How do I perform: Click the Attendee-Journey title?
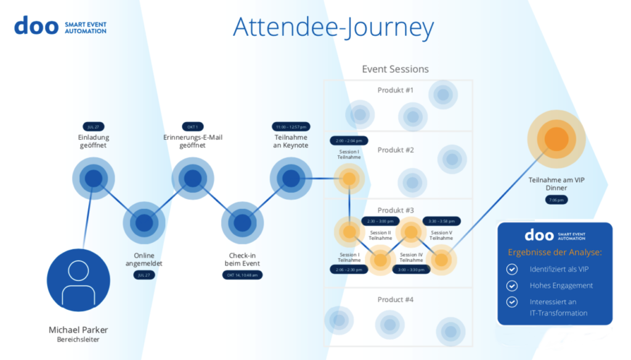point(333,27)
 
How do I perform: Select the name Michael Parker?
point(78,330)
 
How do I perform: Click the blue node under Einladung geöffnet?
point(93,179)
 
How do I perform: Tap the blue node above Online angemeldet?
point(144,223)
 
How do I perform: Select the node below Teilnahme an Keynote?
point(291,179)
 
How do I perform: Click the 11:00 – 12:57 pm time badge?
point(291,126)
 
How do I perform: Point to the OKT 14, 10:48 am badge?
point(242,275)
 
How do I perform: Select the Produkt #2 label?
point(396,150)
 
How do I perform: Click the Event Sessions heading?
point(395,69)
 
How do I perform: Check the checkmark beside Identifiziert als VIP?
point(511,269)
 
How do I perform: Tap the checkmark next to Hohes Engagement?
point(511,285)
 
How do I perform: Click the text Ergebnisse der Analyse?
point(555,252)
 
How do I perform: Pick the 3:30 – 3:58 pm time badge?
point(441,221)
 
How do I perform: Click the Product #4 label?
point(396,300)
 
